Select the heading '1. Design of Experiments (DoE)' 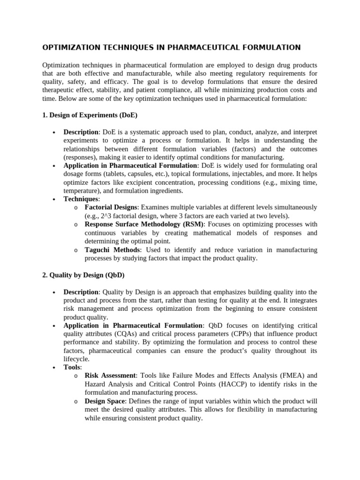coord(90,115)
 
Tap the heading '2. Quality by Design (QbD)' coord(83,275)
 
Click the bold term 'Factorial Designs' coord(111,207)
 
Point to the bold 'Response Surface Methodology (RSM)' coord(144,225)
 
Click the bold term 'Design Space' coord(105,401)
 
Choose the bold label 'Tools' coord(72,367)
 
